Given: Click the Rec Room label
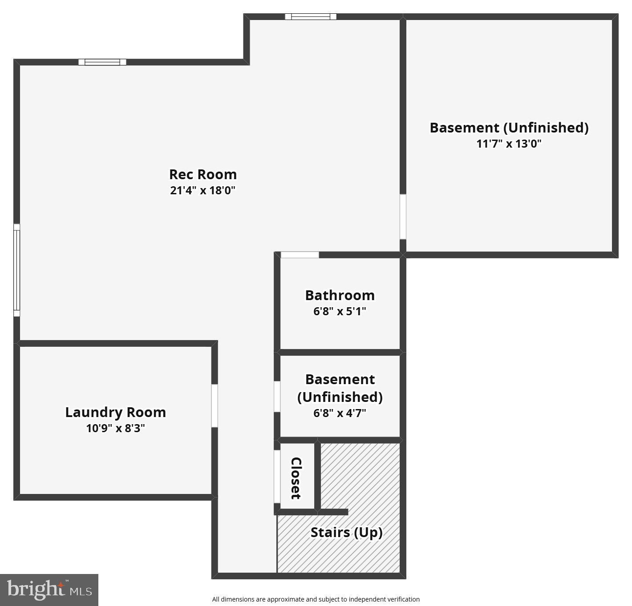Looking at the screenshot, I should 203,174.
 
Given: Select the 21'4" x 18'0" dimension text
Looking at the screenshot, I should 203,191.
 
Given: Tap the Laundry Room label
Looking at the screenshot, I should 116,412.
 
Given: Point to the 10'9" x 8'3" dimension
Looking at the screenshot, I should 116,428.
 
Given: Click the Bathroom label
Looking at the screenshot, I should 340,295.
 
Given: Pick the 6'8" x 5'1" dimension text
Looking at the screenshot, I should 340,311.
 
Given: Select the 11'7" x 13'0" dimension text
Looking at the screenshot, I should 509,144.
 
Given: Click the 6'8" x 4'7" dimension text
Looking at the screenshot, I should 340,413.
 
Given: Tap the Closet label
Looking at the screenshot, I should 296,478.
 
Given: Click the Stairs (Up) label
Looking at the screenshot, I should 346,532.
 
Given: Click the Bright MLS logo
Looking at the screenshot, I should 49,590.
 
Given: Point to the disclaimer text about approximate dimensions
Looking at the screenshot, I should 316,599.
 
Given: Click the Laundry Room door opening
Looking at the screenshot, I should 215,405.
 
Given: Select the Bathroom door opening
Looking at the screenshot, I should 300,255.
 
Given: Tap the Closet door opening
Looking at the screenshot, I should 277,476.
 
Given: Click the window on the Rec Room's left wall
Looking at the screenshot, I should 17,270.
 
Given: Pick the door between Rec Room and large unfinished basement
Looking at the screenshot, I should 403,217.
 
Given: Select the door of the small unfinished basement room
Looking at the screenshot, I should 277,397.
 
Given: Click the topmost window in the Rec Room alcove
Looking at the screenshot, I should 311,17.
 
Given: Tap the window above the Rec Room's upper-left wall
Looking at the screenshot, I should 102,62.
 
